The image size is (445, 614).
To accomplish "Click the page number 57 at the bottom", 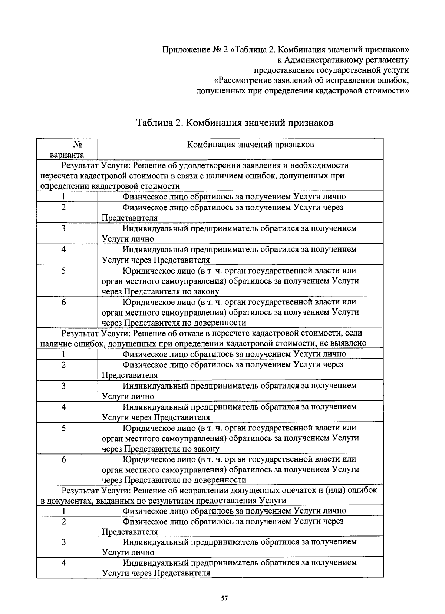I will pyautogui.click(x=224, y=598).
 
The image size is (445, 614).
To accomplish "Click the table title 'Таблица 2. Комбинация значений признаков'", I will pyautogui.click(x=235, y=123).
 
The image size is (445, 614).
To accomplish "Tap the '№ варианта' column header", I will pyautogui.click(x=67, y=149).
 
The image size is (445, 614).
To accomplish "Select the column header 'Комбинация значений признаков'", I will pyautogui.click(x=250, y=145).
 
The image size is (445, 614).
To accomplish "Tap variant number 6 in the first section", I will pyautogui.click(x=63, y=302).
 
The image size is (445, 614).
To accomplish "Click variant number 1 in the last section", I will pyautogui.click(x=63, y=511).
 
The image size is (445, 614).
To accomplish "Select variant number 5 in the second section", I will pyautogui.click(x=63, y=428).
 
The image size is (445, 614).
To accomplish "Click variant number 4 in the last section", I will pyautogui.click(x=63, y=563).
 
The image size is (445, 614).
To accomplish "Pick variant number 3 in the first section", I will pyautogui.click(x=63, y=228).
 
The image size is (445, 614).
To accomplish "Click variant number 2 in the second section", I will pyautogui.click(x=63, y=364).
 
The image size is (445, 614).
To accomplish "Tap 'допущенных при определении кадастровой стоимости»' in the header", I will pyautogui.click(x=302, y=91).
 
